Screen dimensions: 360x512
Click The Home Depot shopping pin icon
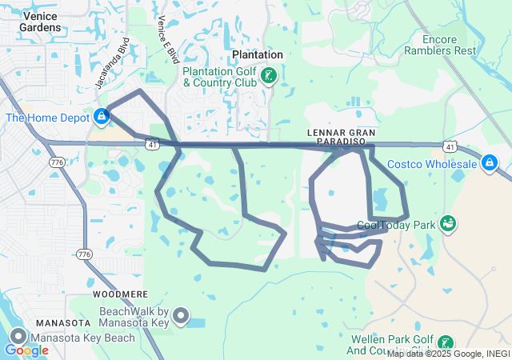(x=101, y=118)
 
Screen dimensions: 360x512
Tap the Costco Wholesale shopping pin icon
(x=490, y=164)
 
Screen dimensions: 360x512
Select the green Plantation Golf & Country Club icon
(x=270, y=76)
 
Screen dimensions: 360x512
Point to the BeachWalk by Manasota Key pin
(x=182, y=317)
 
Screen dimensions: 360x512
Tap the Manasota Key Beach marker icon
(x=18, y=338)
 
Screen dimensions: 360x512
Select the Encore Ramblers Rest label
(x=439, y=44)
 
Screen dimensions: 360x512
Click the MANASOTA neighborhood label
(x=62, y=322)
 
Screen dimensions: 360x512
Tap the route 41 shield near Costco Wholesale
(x=450, y=147)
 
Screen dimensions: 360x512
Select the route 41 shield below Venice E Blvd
(x=152, y=144)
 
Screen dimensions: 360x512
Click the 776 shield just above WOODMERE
(x=84, y=254)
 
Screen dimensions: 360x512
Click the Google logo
(x=26, y=350)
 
